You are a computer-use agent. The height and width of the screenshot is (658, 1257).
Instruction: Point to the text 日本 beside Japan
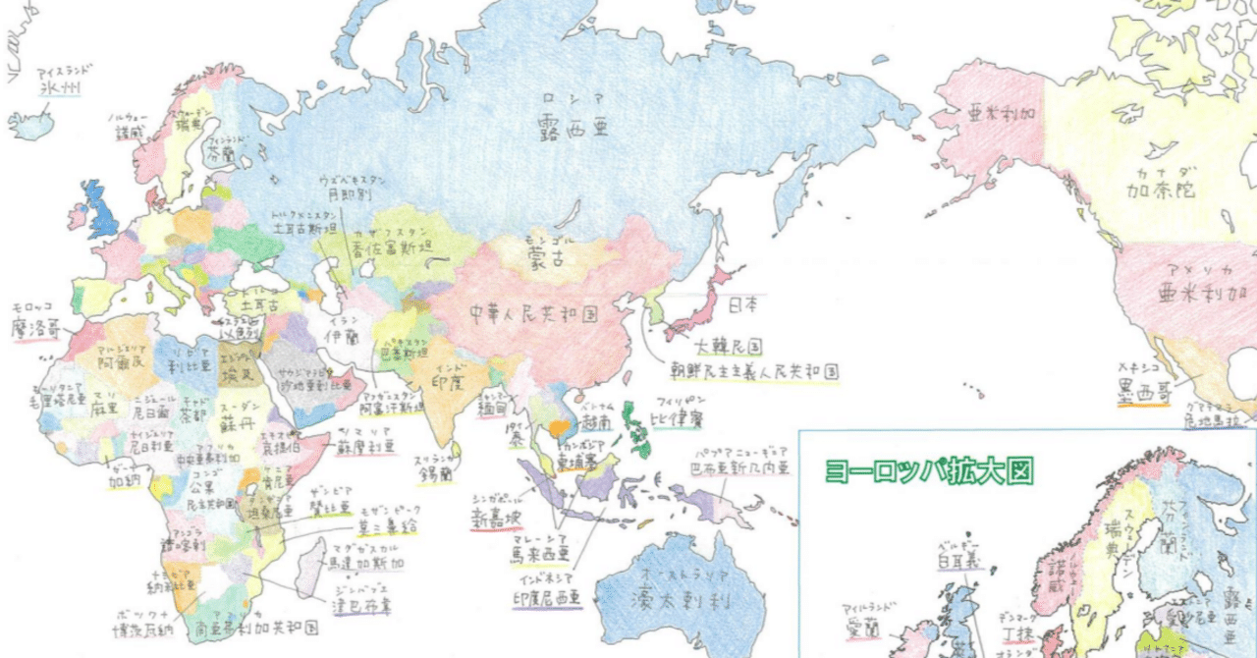click(742, 305)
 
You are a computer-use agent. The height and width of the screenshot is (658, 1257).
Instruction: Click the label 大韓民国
click(728, 347)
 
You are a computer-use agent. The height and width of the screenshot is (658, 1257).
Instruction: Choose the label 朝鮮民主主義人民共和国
click(755, 372)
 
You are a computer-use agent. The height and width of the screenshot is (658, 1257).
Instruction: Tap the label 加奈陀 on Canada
click(1162, 191)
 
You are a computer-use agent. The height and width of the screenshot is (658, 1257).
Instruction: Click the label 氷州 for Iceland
click(60, 88)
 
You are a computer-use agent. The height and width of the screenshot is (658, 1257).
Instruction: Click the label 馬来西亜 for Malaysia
click(539, 554)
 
